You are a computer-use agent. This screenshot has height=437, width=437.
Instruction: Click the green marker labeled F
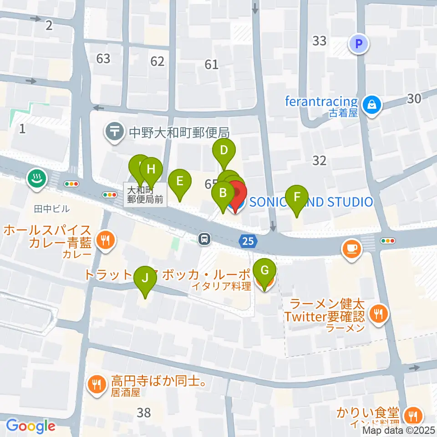tap(297, 198)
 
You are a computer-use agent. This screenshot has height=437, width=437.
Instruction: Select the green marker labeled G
tap(264, 270)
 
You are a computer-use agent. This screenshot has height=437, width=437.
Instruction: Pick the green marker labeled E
tap(179, 181)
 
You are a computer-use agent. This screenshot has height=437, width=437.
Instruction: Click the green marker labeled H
tap(151, 169)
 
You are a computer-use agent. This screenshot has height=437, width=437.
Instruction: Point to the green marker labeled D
tap(224, 151)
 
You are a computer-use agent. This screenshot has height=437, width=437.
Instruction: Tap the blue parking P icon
tap(359, 44)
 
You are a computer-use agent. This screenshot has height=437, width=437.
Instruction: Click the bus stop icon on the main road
tap(205, 239)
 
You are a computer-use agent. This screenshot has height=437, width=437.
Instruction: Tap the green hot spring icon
tap(36, 178)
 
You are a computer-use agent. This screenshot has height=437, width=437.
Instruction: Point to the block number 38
tap(144, 413)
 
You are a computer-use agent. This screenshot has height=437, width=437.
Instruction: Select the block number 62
tap(157, 61)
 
